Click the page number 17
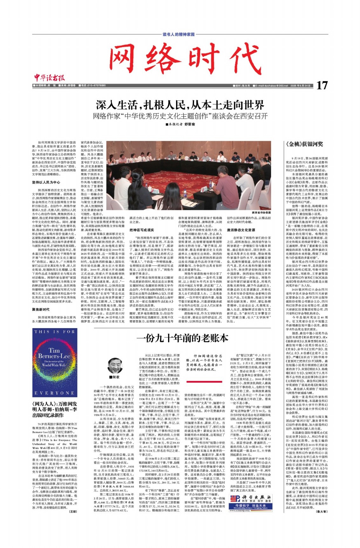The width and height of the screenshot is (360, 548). click(322, 85)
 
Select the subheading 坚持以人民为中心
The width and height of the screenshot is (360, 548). click(46, 182)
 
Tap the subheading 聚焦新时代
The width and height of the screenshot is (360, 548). click(41, 309)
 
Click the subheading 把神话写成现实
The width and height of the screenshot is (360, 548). click(142, 230)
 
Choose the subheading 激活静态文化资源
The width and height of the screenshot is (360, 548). click(241, 230)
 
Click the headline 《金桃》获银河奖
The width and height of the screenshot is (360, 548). click(304, 144)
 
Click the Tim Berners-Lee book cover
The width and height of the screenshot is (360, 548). click(55, 362)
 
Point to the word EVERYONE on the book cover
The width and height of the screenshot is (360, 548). click(55, 393)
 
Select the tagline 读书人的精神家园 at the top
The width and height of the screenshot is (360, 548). click(179, 34)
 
